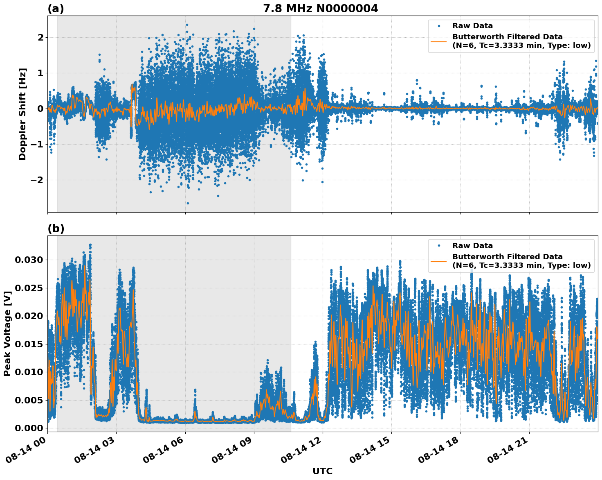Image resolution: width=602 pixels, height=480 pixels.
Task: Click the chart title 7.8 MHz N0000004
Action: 320,9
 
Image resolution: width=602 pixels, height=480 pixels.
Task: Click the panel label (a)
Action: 56,9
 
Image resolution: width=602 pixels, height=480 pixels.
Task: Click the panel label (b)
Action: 56,229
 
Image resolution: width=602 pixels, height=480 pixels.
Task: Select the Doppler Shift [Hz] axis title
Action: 22,114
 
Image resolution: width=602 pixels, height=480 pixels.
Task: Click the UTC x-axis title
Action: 322,471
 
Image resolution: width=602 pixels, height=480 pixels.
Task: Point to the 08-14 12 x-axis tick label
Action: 301,449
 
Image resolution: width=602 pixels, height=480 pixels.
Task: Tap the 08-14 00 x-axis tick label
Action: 26,449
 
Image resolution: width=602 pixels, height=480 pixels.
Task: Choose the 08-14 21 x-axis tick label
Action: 508,449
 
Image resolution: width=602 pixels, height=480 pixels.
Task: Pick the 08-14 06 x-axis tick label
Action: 164,449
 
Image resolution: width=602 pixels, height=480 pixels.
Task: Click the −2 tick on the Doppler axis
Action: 35,180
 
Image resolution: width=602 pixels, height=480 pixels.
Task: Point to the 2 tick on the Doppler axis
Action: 40,37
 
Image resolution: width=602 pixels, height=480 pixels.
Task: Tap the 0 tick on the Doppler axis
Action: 40,109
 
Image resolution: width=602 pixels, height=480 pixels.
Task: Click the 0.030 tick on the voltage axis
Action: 29,260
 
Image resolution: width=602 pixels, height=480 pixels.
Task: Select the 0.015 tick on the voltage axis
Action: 29,344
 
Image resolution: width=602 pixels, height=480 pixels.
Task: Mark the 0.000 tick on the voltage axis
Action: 29,428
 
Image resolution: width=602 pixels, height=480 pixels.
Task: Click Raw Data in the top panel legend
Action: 472,26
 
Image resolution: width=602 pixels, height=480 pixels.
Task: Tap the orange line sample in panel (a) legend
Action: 439,41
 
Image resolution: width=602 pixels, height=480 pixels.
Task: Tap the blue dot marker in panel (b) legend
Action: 439,246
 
